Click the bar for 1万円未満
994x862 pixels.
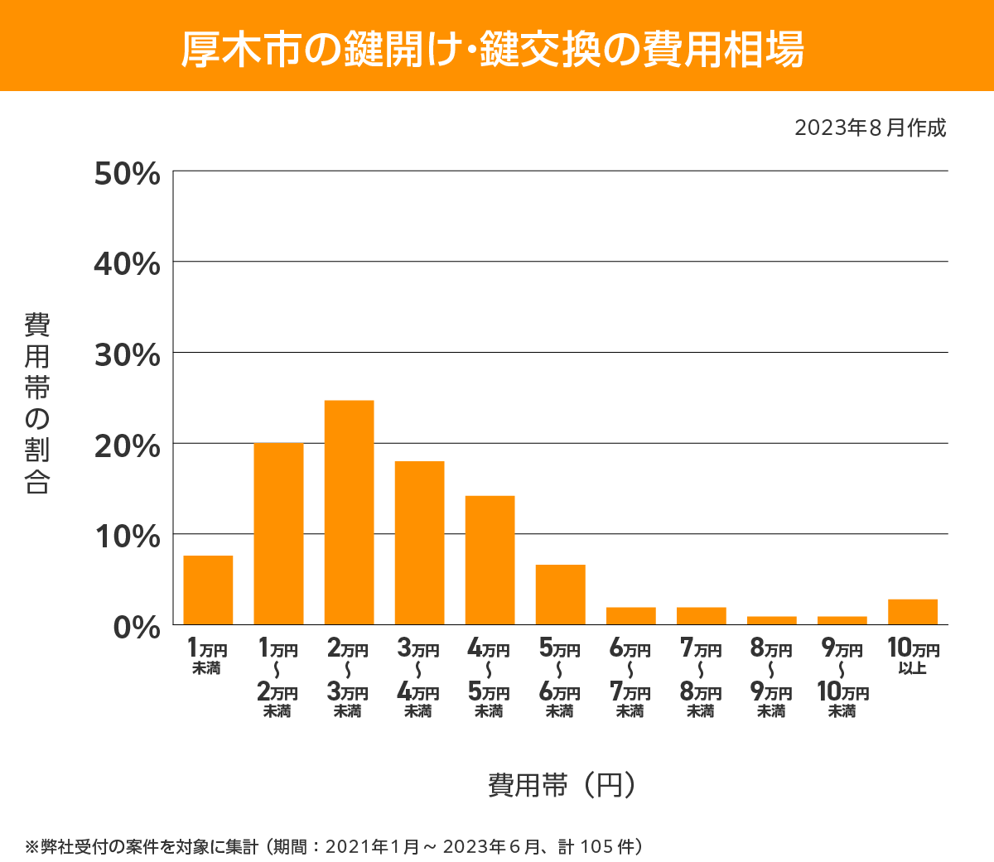coord(208,590)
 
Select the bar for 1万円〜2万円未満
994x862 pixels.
coord(278,533)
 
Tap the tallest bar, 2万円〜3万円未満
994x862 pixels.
coord(349,512)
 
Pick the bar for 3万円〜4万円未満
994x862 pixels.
coord(419,542)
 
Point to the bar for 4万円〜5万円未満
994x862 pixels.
coord(490,560)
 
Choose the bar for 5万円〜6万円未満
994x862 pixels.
coord(560,595)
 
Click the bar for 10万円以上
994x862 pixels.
coord(912,612)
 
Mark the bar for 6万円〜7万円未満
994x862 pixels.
coord(630,616)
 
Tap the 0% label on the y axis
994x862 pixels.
coord(137,627)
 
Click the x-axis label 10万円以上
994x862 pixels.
coord(913,656)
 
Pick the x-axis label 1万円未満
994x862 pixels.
coord(207,656)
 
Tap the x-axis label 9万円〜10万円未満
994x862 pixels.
coord(842,678)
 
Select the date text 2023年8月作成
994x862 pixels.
coord(870,128)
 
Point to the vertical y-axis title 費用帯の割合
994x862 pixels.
coord(37,403)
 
